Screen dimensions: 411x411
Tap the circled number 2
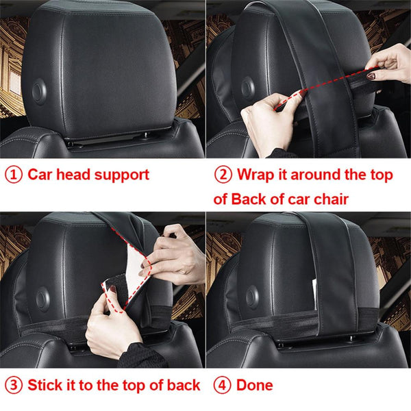223,174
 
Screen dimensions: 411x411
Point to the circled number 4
223,385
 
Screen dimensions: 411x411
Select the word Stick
46,384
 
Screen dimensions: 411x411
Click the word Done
255,385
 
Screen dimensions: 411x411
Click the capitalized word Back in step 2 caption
249,199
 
